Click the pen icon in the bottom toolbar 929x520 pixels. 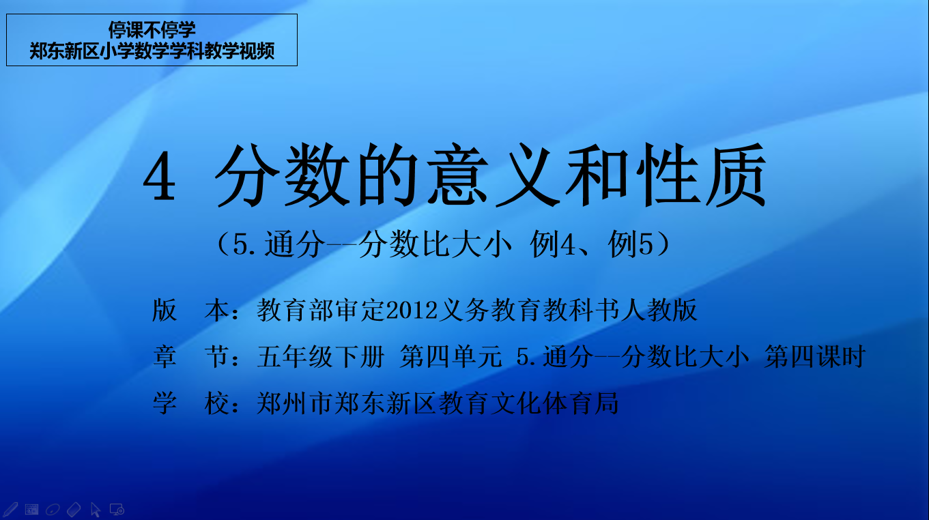10,509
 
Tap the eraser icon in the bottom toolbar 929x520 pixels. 74,509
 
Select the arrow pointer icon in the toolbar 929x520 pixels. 96,510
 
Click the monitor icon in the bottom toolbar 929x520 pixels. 117,509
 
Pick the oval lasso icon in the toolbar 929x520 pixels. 53,509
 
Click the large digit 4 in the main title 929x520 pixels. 159,176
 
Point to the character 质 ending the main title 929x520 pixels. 736,175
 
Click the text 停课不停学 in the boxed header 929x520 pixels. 152,30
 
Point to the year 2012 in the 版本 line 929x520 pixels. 412,310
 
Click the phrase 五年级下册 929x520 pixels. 321,357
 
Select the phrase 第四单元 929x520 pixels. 451,357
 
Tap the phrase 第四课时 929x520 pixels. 814,357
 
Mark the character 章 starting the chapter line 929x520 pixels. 165,357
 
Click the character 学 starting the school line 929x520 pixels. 165,403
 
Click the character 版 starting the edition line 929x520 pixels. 165,310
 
